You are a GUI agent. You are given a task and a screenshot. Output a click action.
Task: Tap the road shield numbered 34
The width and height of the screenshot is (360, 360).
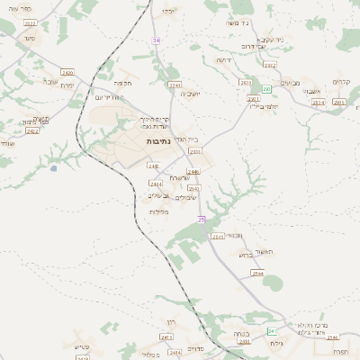pos(156,40)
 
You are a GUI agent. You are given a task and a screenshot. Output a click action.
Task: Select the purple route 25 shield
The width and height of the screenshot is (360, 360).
pos(202,219)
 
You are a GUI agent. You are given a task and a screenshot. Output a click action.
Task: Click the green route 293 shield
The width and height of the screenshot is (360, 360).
pos(266,89)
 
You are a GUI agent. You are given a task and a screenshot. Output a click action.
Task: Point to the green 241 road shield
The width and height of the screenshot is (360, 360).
pos(272,331)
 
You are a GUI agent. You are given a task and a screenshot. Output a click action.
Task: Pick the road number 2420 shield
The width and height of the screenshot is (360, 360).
pos(68,71)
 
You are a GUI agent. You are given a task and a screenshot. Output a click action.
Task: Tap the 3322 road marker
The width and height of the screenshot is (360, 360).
pos(31,22)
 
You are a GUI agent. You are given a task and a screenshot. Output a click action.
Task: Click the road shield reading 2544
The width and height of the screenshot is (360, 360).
pos(258,273)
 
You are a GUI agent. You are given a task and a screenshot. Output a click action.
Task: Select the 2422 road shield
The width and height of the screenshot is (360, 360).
pos(32,131)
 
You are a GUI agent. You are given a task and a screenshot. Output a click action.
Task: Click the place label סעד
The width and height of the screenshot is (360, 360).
pos(29,40)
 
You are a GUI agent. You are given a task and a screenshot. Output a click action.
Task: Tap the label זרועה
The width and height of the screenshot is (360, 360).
pos(222,60)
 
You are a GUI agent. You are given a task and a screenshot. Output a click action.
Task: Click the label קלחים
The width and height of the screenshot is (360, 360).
pos(340,82)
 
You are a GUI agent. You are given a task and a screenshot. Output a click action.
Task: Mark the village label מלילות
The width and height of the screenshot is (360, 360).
pos(158,211)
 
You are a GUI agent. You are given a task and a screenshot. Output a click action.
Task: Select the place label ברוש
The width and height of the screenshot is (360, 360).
pos(245,255)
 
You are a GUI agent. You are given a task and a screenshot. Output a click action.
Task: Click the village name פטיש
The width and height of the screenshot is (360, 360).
pos(82,346)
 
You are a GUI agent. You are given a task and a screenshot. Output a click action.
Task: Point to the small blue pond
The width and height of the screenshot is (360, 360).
pos(54,167)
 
